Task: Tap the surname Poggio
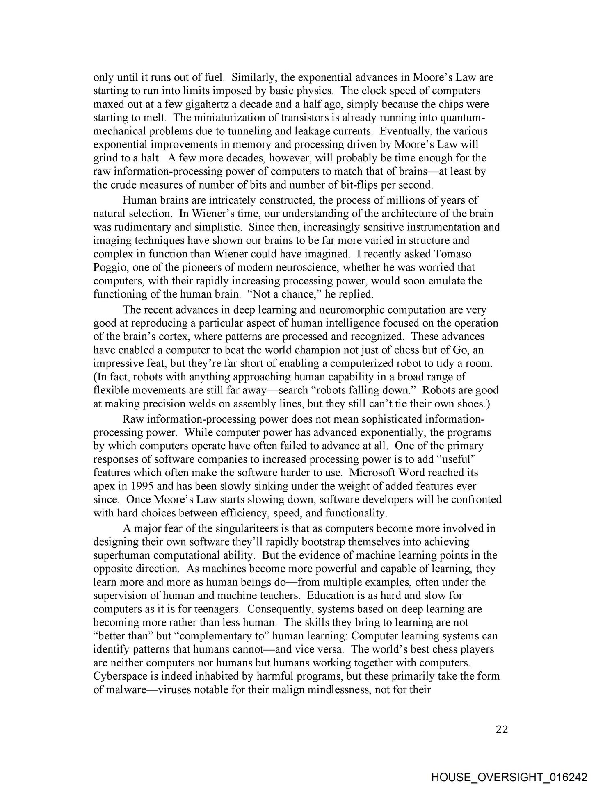pos(107,267)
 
